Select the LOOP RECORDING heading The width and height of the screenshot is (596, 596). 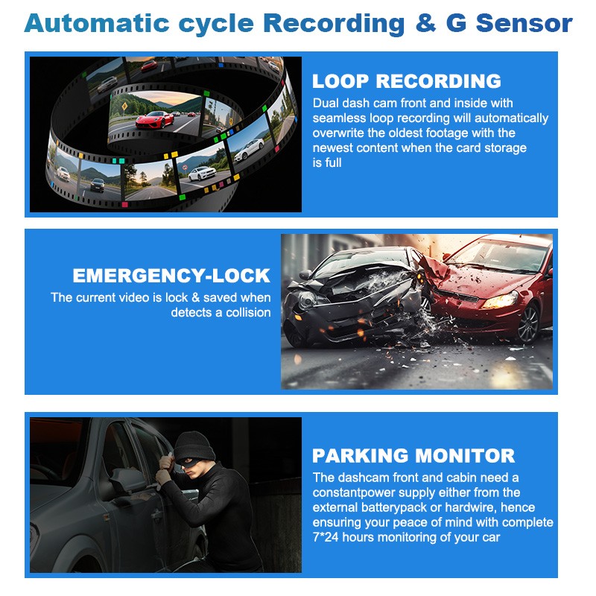tap(406, 81)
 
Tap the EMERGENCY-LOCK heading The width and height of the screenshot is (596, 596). tap(171, 276)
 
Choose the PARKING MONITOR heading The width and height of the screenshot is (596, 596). tap(413, 455)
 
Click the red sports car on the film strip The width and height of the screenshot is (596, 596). tap(156, 118)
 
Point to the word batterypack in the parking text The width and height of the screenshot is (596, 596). tap(405, 507)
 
